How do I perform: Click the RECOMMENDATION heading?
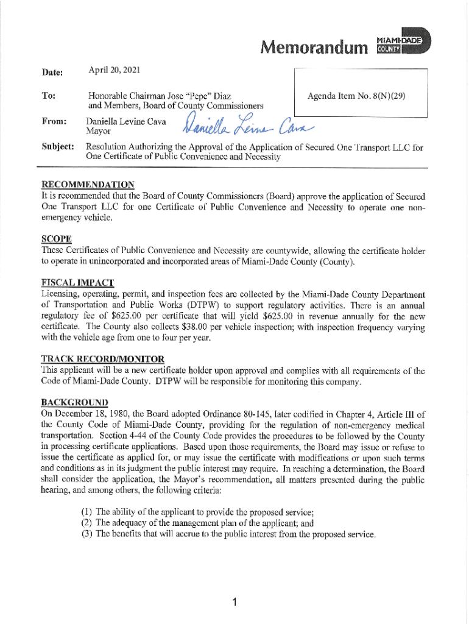click(88, 185)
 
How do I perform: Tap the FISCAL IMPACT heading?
click(77, 283)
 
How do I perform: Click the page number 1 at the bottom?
click(234, 603)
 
